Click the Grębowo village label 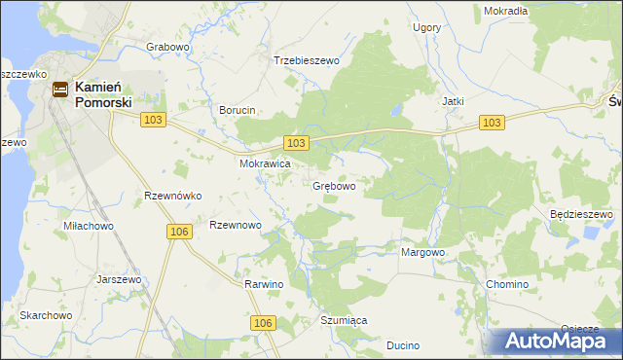click(x=333, y=186)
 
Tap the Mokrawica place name click(x=266, y=164)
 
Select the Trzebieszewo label click(x=307, y=60)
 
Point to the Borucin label click(x=238, y=111)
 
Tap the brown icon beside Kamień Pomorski click(x=60, y=90)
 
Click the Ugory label click(x=427, y=28)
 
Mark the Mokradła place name click(x=505, y=11)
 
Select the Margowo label click(x=423, y=252)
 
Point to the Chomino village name click(x=506, y=284)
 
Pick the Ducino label click(x=402, y=345)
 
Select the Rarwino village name click(x=263, y=284)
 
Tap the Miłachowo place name click(x=89, y=226)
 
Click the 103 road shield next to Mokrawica click(x=298, y=143)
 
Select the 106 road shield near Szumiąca click(x=262, y=322)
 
